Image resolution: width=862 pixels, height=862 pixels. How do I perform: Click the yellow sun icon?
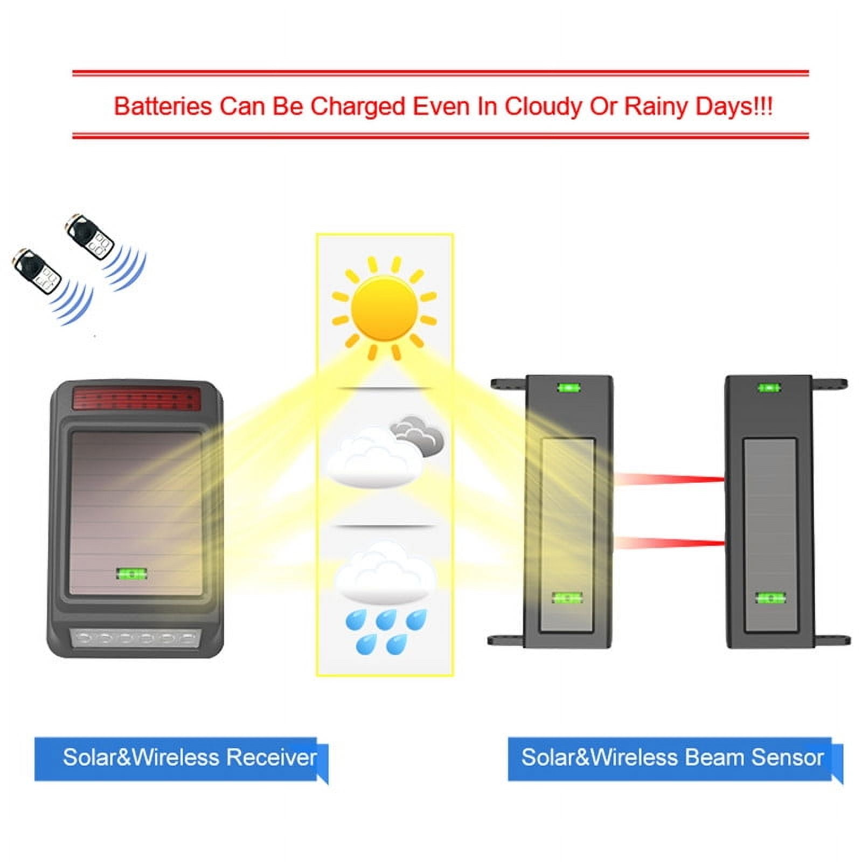(384, 308)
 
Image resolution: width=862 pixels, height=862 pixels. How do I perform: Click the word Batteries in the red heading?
(163, 106)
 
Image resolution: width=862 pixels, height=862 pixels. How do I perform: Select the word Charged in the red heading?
(357, 107)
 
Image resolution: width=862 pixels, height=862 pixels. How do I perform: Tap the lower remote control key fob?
(37, 270)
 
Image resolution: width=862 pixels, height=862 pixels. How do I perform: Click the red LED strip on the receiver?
(137, 398)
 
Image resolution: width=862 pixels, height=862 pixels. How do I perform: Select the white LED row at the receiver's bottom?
(135, 639)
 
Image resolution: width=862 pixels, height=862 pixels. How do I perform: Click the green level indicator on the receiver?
(131, 574)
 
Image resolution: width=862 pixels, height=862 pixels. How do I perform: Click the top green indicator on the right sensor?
(769, 387)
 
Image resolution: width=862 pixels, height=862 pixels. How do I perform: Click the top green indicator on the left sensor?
(569, 387)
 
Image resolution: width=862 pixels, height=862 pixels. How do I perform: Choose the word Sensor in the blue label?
(787, 757)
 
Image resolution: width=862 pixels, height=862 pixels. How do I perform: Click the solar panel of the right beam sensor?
(770, 534)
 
